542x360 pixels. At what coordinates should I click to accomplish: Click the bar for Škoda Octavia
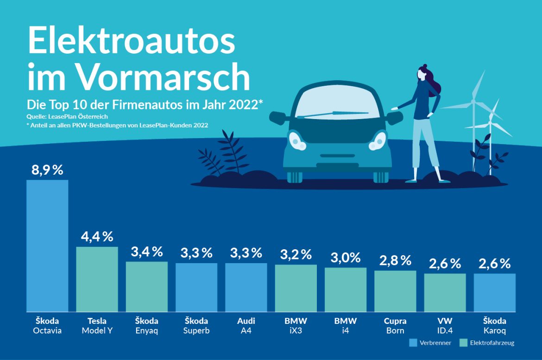coord(47,246)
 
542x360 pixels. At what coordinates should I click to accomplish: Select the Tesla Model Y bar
coord(97,279)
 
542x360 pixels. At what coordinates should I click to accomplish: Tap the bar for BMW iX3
coord(296,288)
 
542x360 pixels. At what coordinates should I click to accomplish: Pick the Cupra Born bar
coord(395,291)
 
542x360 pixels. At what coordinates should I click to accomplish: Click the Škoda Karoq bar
coord(494,292)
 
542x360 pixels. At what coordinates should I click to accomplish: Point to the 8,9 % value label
coord(47,170)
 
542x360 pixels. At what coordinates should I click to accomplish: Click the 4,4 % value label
coord(97,237)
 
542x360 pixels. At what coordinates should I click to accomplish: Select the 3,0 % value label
coord(345,258)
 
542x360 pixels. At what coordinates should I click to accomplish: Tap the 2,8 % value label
coord(395,260)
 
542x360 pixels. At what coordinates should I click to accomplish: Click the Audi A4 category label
coord(246,326)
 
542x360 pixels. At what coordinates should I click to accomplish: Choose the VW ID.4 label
coord(445,326)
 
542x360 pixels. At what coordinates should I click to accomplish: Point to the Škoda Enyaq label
coord(146,326)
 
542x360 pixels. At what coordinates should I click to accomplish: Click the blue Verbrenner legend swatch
coord(413,343)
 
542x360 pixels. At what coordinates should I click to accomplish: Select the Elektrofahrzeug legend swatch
coord(463,343)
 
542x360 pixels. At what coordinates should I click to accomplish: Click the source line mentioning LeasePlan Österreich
coord(67,117)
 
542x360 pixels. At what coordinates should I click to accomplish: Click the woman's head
coord(423,74)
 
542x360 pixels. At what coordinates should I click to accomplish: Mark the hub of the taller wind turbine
coord(473,101)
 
